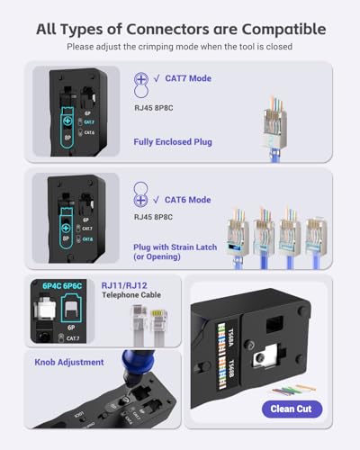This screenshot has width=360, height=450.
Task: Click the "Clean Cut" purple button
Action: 296,409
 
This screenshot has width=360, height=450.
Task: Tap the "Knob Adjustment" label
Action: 66,362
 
